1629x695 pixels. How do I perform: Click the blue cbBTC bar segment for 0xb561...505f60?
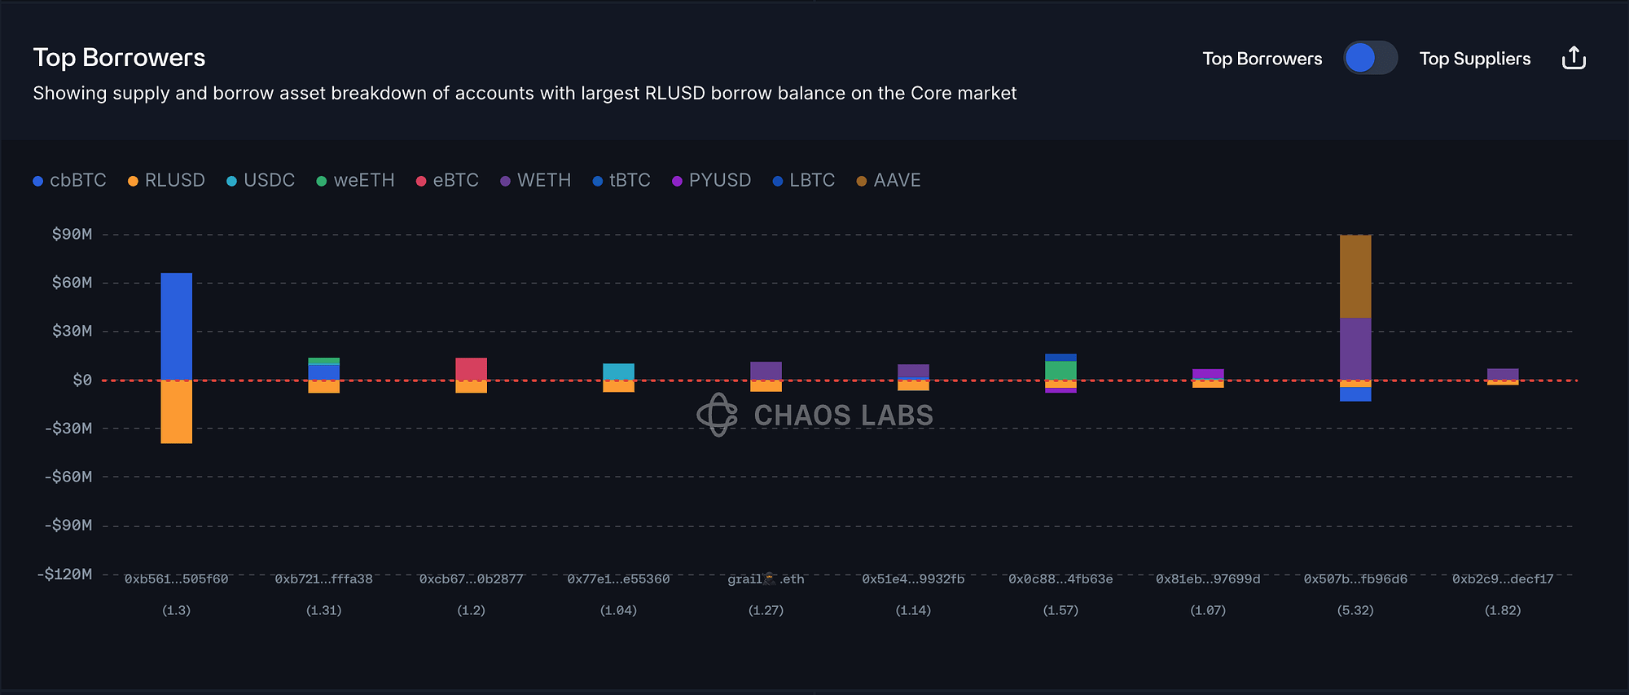coord(176,326)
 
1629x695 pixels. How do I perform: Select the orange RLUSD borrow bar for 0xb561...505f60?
coord(176,412)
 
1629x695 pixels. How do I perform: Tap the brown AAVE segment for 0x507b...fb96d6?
coord(1355,276)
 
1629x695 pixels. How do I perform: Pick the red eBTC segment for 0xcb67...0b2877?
coord(471,369)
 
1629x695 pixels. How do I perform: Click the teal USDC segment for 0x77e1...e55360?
coord(618,372)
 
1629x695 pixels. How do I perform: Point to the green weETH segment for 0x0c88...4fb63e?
coord(1060,371)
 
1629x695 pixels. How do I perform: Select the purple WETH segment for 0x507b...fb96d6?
coord(1355,349)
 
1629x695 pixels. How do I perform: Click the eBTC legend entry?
coord(447,180)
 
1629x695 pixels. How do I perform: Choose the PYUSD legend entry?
coord(711,180)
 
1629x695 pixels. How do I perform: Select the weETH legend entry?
coord(355,180)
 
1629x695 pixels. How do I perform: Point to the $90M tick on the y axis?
coord(72,235)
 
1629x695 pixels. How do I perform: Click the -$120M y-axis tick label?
coord(65,574)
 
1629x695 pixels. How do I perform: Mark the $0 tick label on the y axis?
coord(81,380)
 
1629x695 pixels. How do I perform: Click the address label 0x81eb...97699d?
coord(1208,579)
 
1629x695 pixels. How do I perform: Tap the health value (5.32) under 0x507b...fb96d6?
coord(1355,610)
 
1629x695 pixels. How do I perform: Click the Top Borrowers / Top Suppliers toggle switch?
coord(1370,59)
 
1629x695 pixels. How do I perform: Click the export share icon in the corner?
coord(1574,59)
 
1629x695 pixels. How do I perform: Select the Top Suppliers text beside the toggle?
coord(1474,59)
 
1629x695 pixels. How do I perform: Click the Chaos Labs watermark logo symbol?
coord(717,415)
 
